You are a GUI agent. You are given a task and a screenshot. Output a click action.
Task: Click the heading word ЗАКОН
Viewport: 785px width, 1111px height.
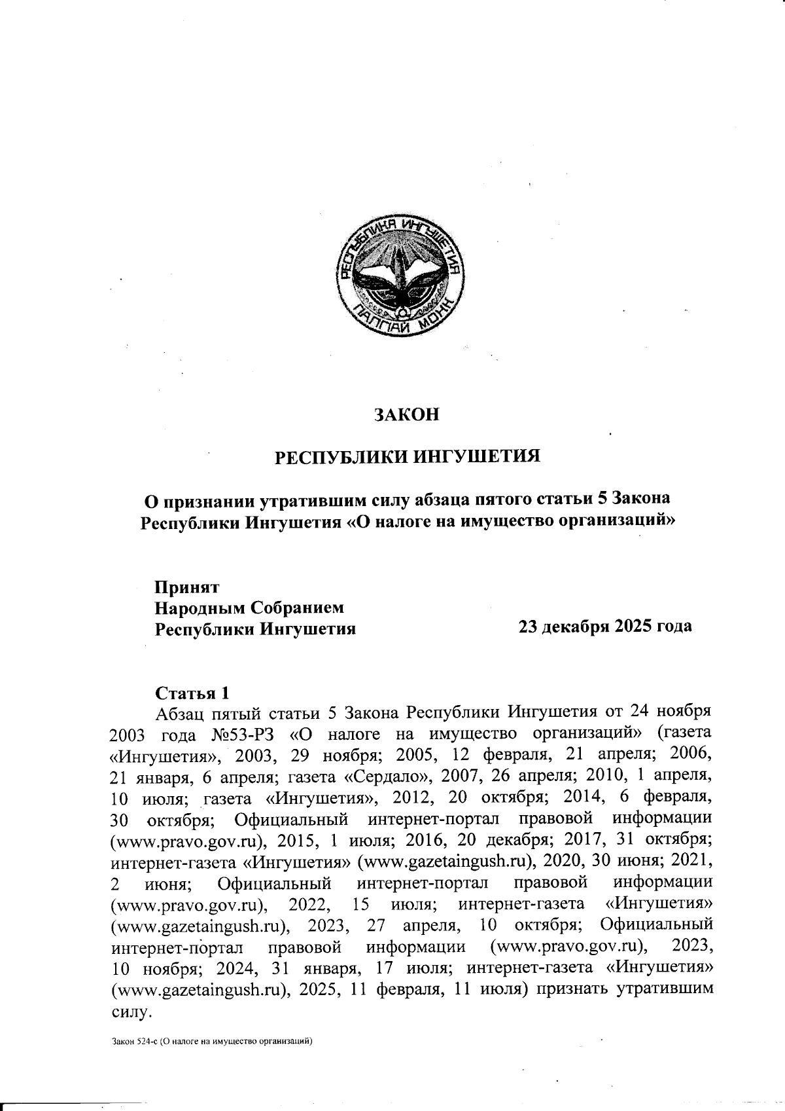[x=406, y=415]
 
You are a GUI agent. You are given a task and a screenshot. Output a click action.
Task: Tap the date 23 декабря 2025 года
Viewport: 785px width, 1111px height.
[x=604, y=627]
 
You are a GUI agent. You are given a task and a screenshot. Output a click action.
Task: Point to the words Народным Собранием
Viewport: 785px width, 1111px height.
[x=249, y=608]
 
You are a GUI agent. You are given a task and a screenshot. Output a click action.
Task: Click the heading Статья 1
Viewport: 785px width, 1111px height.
[x=192, y=693]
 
